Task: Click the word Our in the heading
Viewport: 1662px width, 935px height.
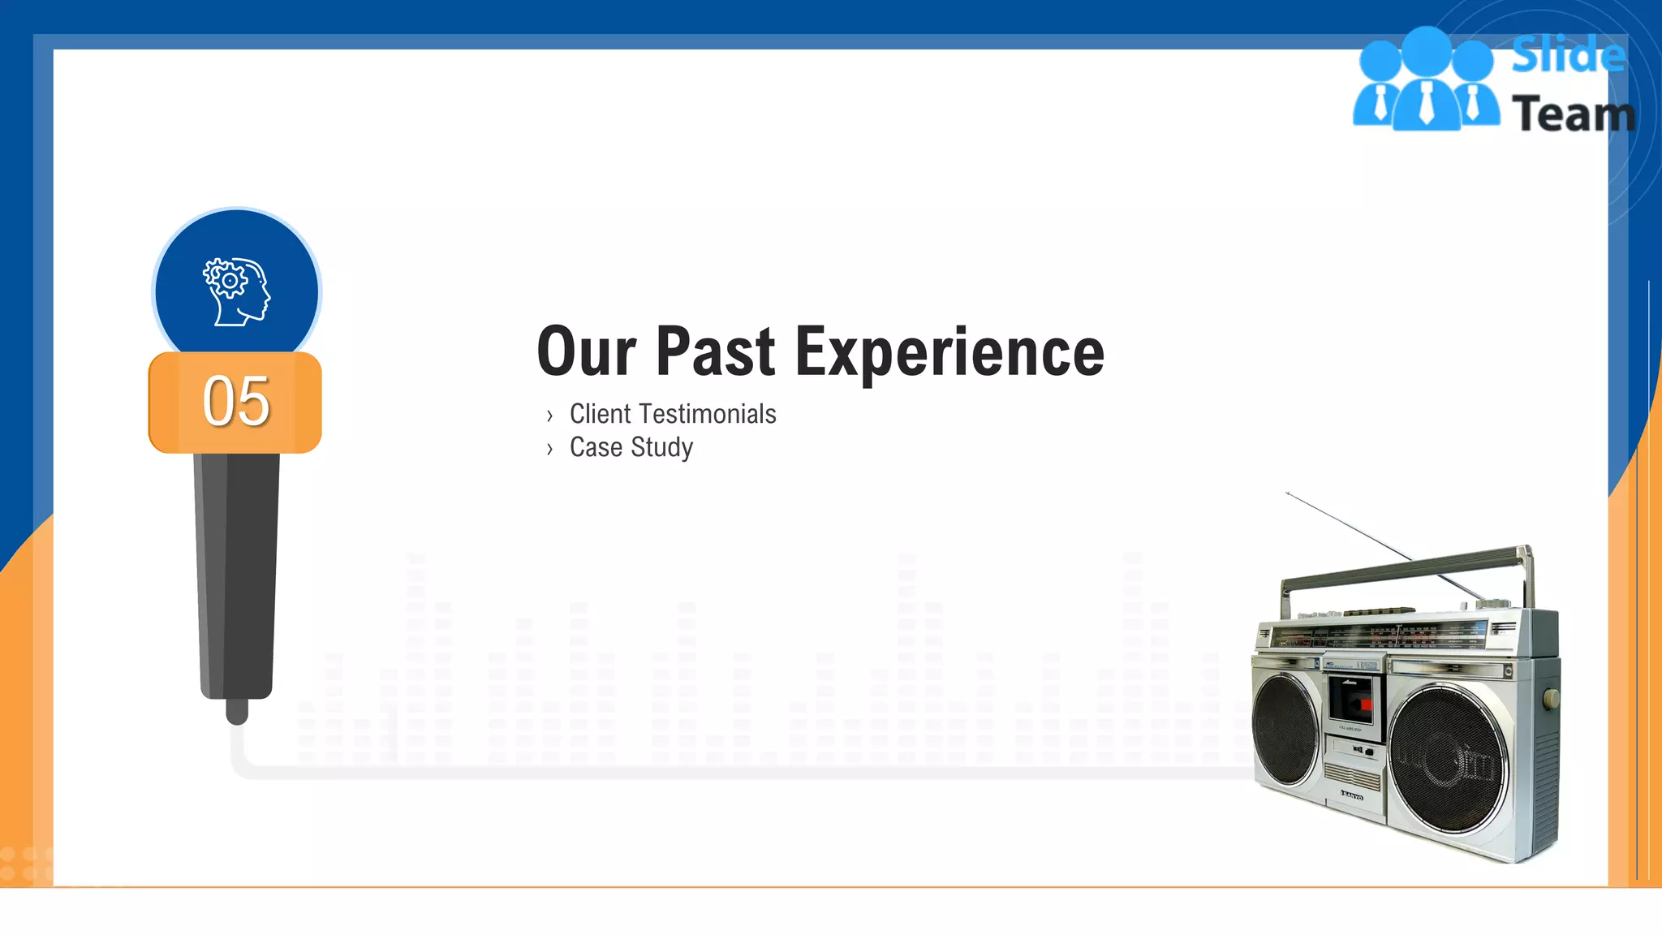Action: coord(586,352)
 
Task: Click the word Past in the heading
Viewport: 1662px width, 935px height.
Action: coord(715,352)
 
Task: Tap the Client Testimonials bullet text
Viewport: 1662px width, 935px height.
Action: coord(672,414)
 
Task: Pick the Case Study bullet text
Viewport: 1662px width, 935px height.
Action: coord(631,447)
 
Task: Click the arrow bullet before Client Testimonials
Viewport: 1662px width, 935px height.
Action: coord(549,416)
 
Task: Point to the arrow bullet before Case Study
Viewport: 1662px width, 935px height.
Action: coord(549,449)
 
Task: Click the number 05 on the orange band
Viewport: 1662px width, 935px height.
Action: coord(235,402)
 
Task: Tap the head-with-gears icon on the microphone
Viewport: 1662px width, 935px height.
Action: coord(236,291)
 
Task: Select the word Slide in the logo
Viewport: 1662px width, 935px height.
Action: coord(1568,55)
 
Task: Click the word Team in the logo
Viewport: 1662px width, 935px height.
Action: coord(1573,114)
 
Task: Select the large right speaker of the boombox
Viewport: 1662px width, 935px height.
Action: coord(1449,759)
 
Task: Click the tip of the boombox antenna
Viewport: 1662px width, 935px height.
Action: coord(1288,493)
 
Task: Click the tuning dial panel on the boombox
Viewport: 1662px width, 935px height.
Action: coord(1380,634)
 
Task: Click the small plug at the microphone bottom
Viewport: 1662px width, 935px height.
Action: coord(237,711)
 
